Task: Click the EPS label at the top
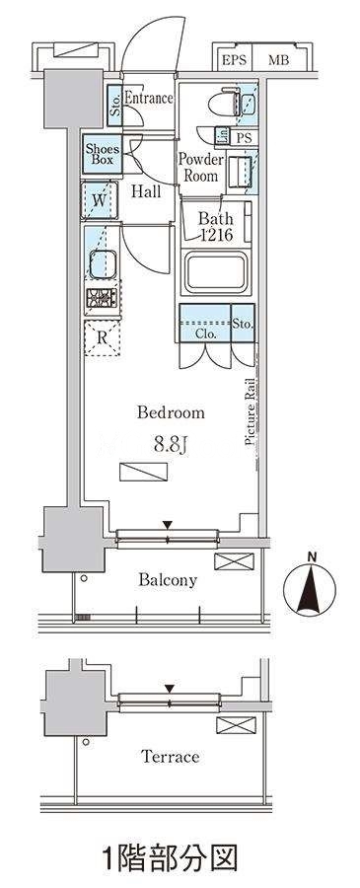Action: click(234, 60)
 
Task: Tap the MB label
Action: click(277, 60)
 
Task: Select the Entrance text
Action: click(148, 98)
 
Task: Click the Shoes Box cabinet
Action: click(102, 154)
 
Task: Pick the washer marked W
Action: click(100, 199)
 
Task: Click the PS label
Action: click(244, 137)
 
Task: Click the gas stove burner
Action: click(102, 298)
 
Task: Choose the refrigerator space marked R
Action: click(102, 338)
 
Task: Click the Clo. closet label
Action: click(205, 334)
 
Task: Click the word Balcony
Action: click(168, 580)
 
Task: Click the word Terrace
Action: click(171, 756)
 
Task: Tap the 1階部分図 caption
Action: click(170, 858)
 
